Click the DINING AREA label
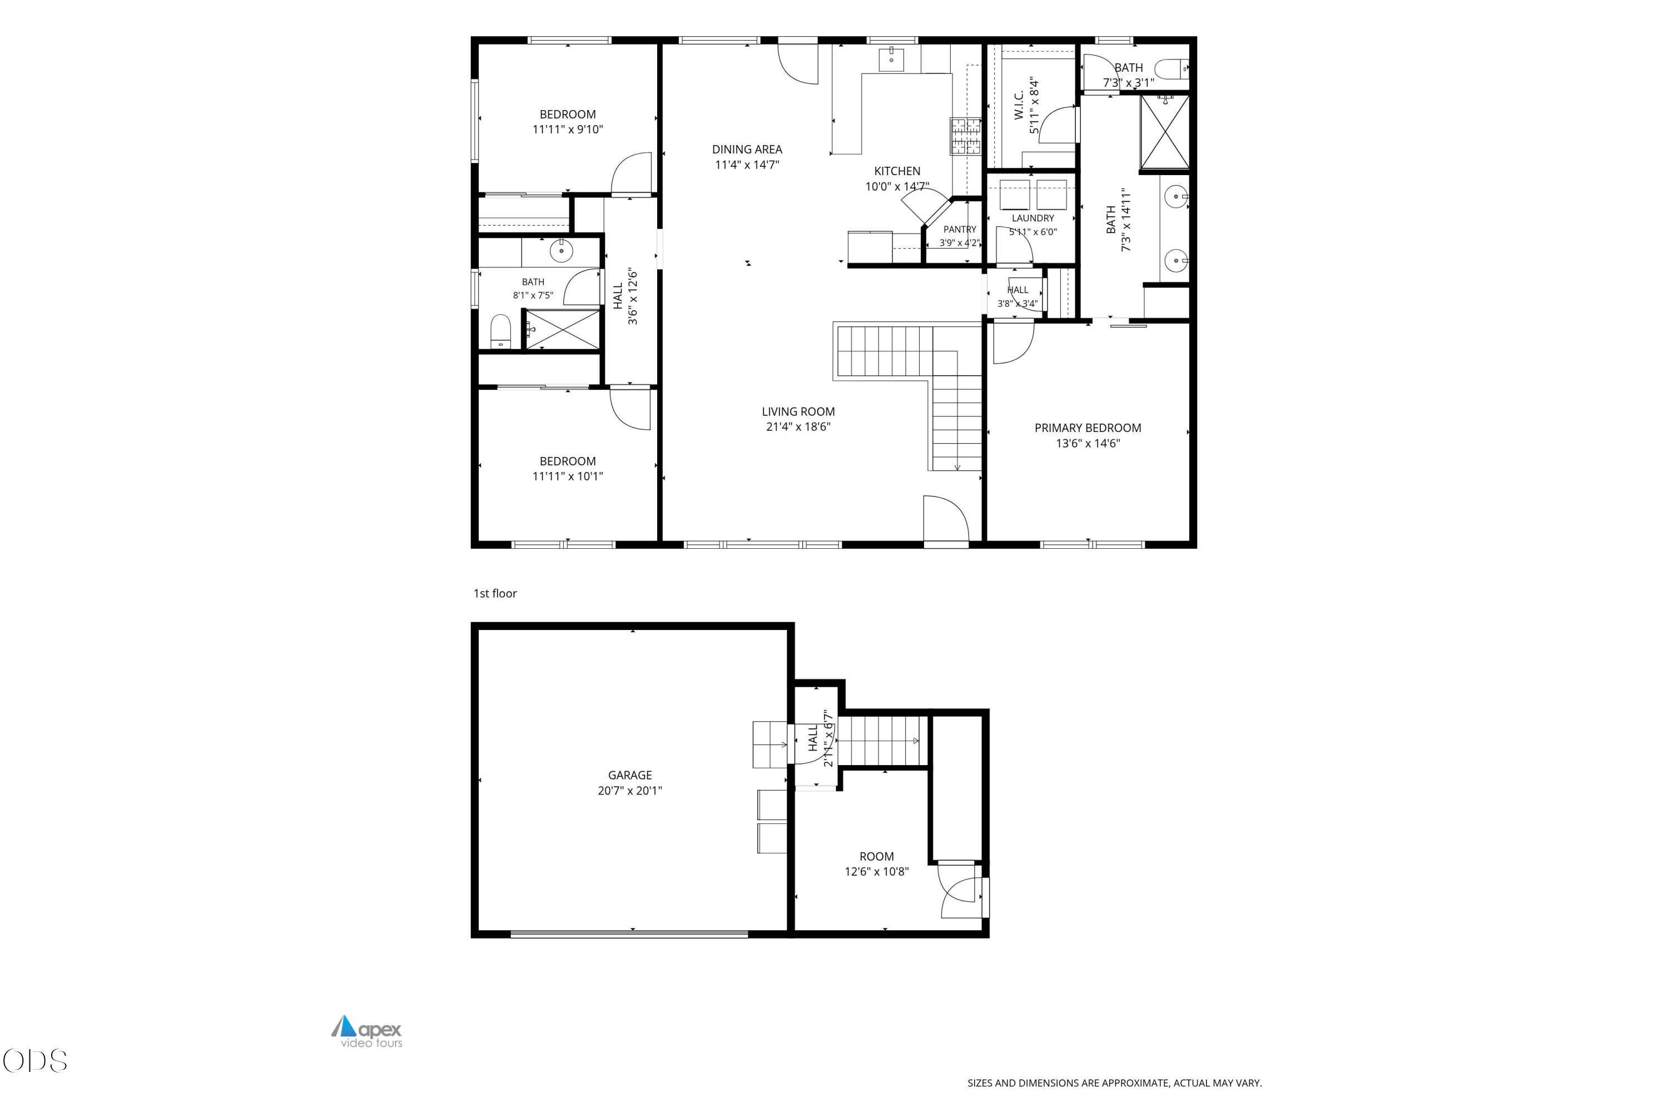click(747, 149)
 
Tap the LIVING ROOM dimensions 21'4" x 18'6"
click(798, 427)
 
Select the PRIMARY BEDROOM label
click(1087, 428)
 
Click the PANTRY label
click(960, 229)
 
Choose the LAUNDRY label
click(1032, 219)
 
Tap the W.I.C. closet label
click(1019, 105)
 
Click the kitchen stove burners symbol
click(965, 136)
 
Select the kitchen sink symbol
click(891, 59)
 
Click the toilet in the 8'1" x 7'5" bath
click(501, 331)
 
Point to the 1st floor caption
click(495, 594)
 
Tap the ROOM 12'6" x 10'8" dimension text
click(877, 872)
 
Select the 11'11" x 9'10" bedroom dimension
click(567, 129)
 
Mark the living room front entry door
click(945, 519)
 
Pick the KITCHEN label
click(897, 171)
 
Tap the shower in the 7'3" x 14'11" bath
click(1164, 133)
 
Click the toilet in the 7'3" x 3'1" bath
click(1171, 69)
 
